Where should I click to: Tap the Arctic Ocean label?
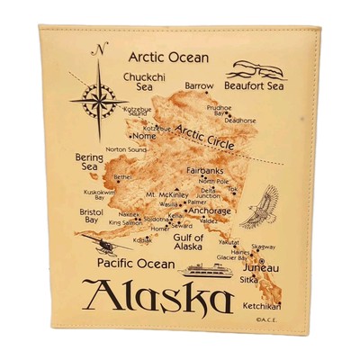[x=167, y=58]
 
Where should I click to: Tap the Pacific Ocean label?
[x=135, y=264]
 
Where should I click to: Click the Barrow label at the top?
[x=199, y=86]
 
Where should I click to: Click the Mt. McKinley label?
[x=166, y=194]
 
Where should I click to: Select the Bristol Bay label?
[x=91, y=215]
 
